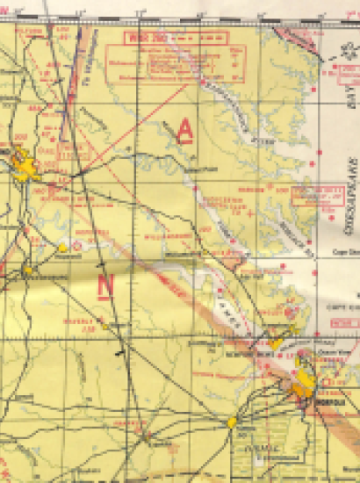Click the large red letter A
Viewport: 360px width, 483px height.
184,130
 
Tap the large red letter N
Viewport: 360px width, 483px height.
106,285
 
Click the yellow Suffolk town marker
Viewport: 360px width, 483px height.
232,422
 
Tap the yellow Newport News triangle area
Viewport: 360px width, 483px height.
276,342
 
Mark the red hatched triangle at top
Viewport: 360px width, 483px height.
289,37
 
